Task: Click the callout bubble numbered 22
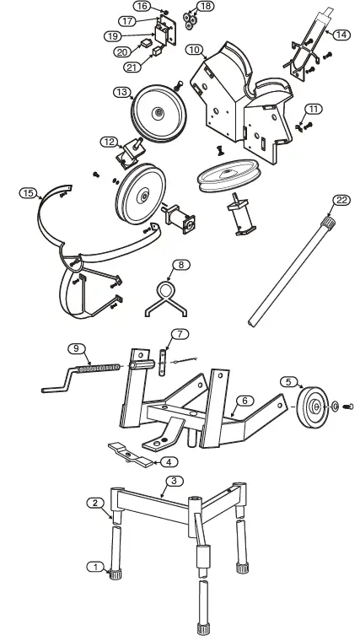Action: (x=340, y=200)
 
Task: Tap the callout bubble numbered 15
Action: (x=28, y=193)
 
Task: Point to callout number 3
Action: (x=172, y=481)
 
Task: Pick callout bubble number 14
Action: (x=341, y=35)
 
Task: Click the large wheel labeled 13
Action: (x=158, y=112)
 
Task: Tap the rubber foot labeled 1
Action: (x=114, y=577)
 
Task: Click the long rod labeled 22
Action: (x=287, y=270)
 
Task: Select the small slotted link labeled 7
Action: (x=162, y=366)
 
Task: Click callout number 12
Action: (x=109, y=142)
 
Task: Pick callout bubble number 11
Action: (x=313, y=110)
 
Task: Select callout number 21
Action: (x=131, y=67)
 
